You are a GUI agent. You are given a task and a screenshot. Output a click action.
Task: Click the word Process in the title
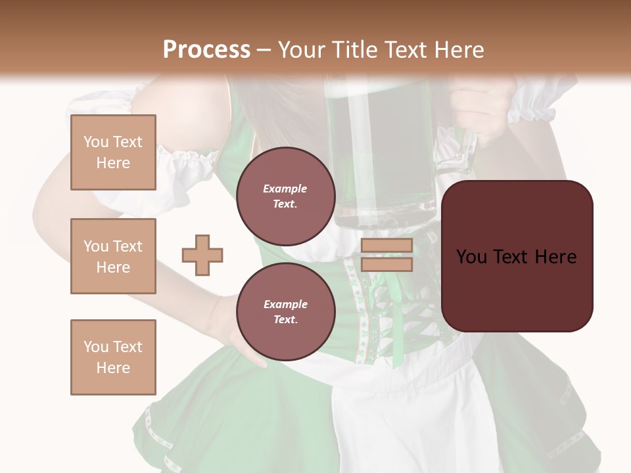pos(206,50)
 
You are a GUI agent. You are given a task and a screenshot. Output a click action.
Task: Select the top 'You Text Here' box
pos(113,152)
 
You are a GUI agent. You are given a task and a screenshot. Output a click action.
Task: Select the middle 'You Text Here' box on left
pos(113,256)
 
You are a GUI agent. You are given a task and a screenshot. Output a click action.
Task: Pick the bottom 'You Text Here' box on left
pos(113,357)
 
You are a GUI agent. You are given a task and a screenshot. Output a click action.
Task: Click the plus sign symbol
pos(202,255)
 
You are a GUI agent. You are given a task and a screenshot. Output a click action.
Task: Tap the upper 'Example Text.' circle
pos(285,196)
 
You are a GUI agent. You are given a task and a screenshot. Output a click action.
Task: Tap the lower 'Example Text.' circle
pos(285,312)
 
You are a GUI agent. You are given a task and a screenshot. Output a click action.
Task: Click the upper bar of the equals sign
pos(386,246)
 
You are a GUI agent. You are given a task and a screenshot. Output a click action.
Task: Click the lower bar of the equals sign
pos(386,264)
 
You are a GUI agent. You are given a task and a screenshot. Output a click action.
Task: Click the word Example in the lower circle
pos(285,304)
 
